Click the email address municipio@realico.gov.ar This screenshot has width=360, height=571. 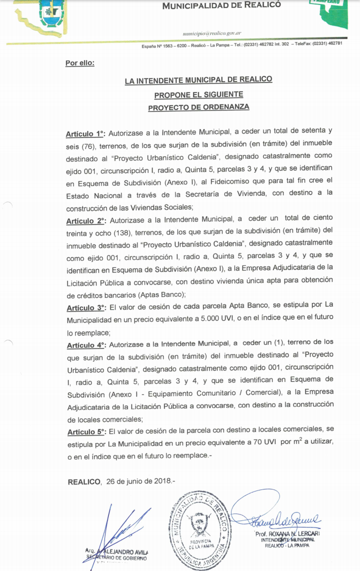tap(212, 33)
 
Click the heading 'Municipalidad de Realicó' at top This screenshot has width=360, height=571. tap(221, 5)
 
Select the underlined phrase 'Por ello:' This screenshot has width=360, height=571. tap(80, 63)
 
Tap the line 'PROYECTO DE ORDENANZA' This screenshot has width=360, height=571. tap(198, 107)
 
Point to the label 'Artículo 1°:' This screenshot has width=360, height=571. tap(85, 134)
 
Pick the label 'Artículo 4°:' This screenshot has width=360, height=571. tap(85, 344)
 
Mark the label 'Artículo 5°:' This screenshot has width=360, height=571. tap(85, 431)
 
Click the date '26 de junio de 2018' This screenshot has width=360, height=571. tap(138, 482)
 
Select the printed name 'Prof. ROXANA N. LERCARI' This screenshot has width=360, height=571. tap(287, 533)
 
